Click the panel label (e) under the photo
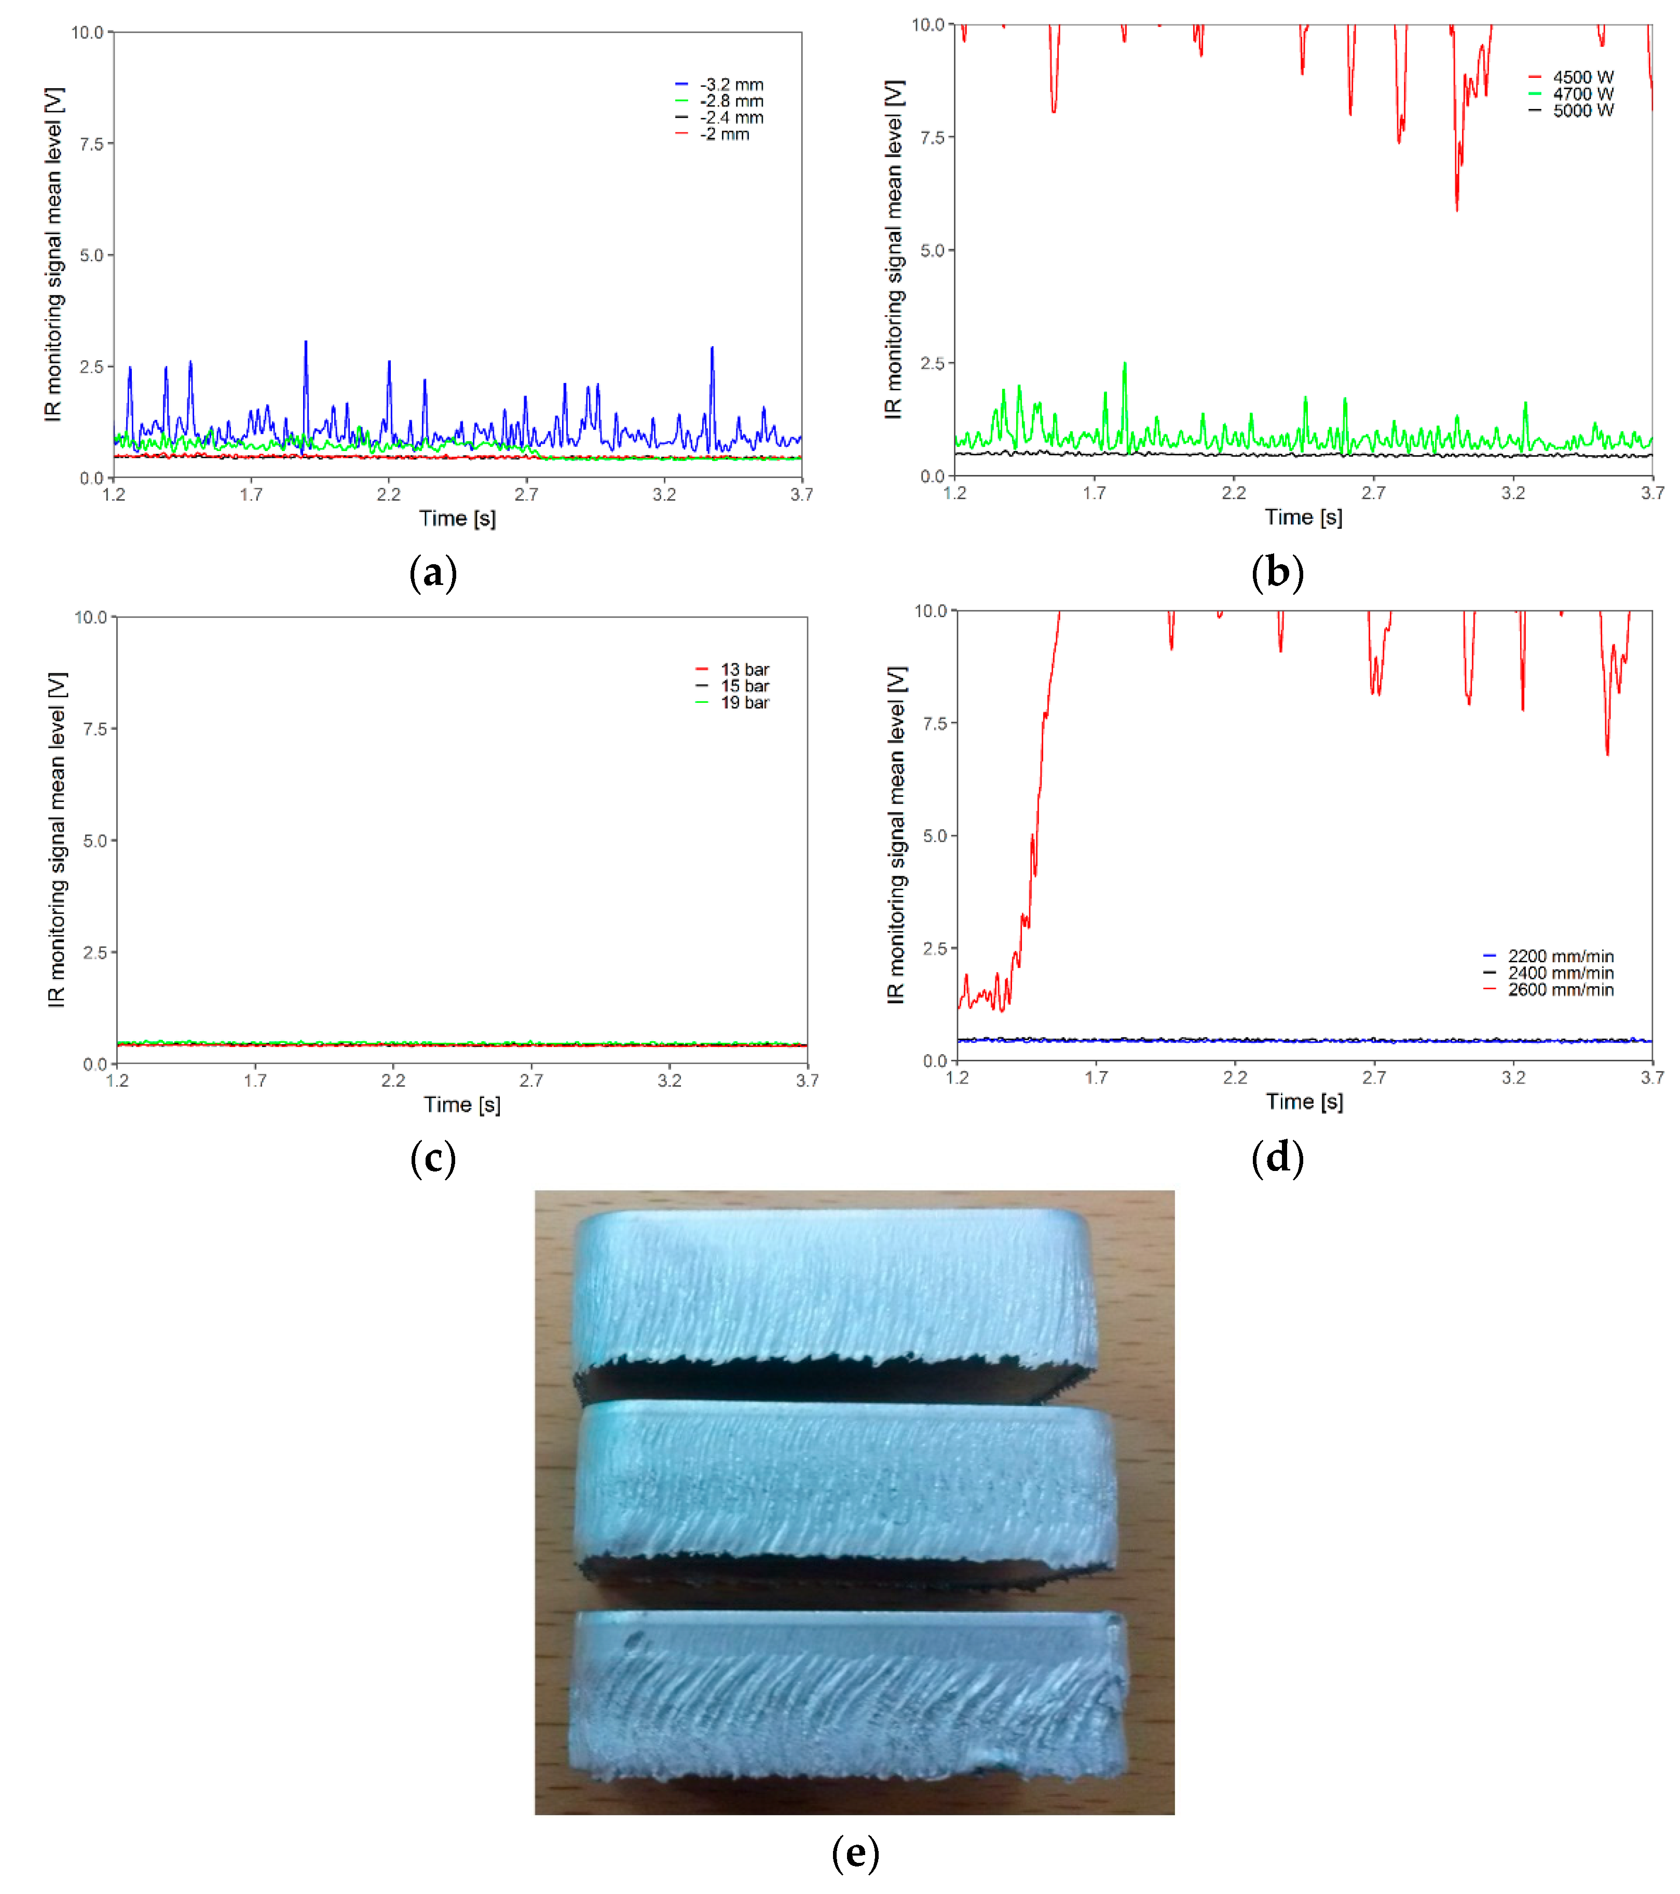[x=854, y=1852]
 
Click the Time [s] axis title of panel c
[x=461, y=1105]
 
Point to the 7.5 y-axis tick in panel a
[x=91, y=144]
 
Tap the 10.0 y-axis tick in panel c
[x=91, y=617]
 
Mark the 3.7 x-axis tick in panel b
[x=1651, y=493]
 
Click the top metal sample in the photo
[x=834, y=1288]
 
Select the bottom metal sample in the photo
[x=848, y=1696]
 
